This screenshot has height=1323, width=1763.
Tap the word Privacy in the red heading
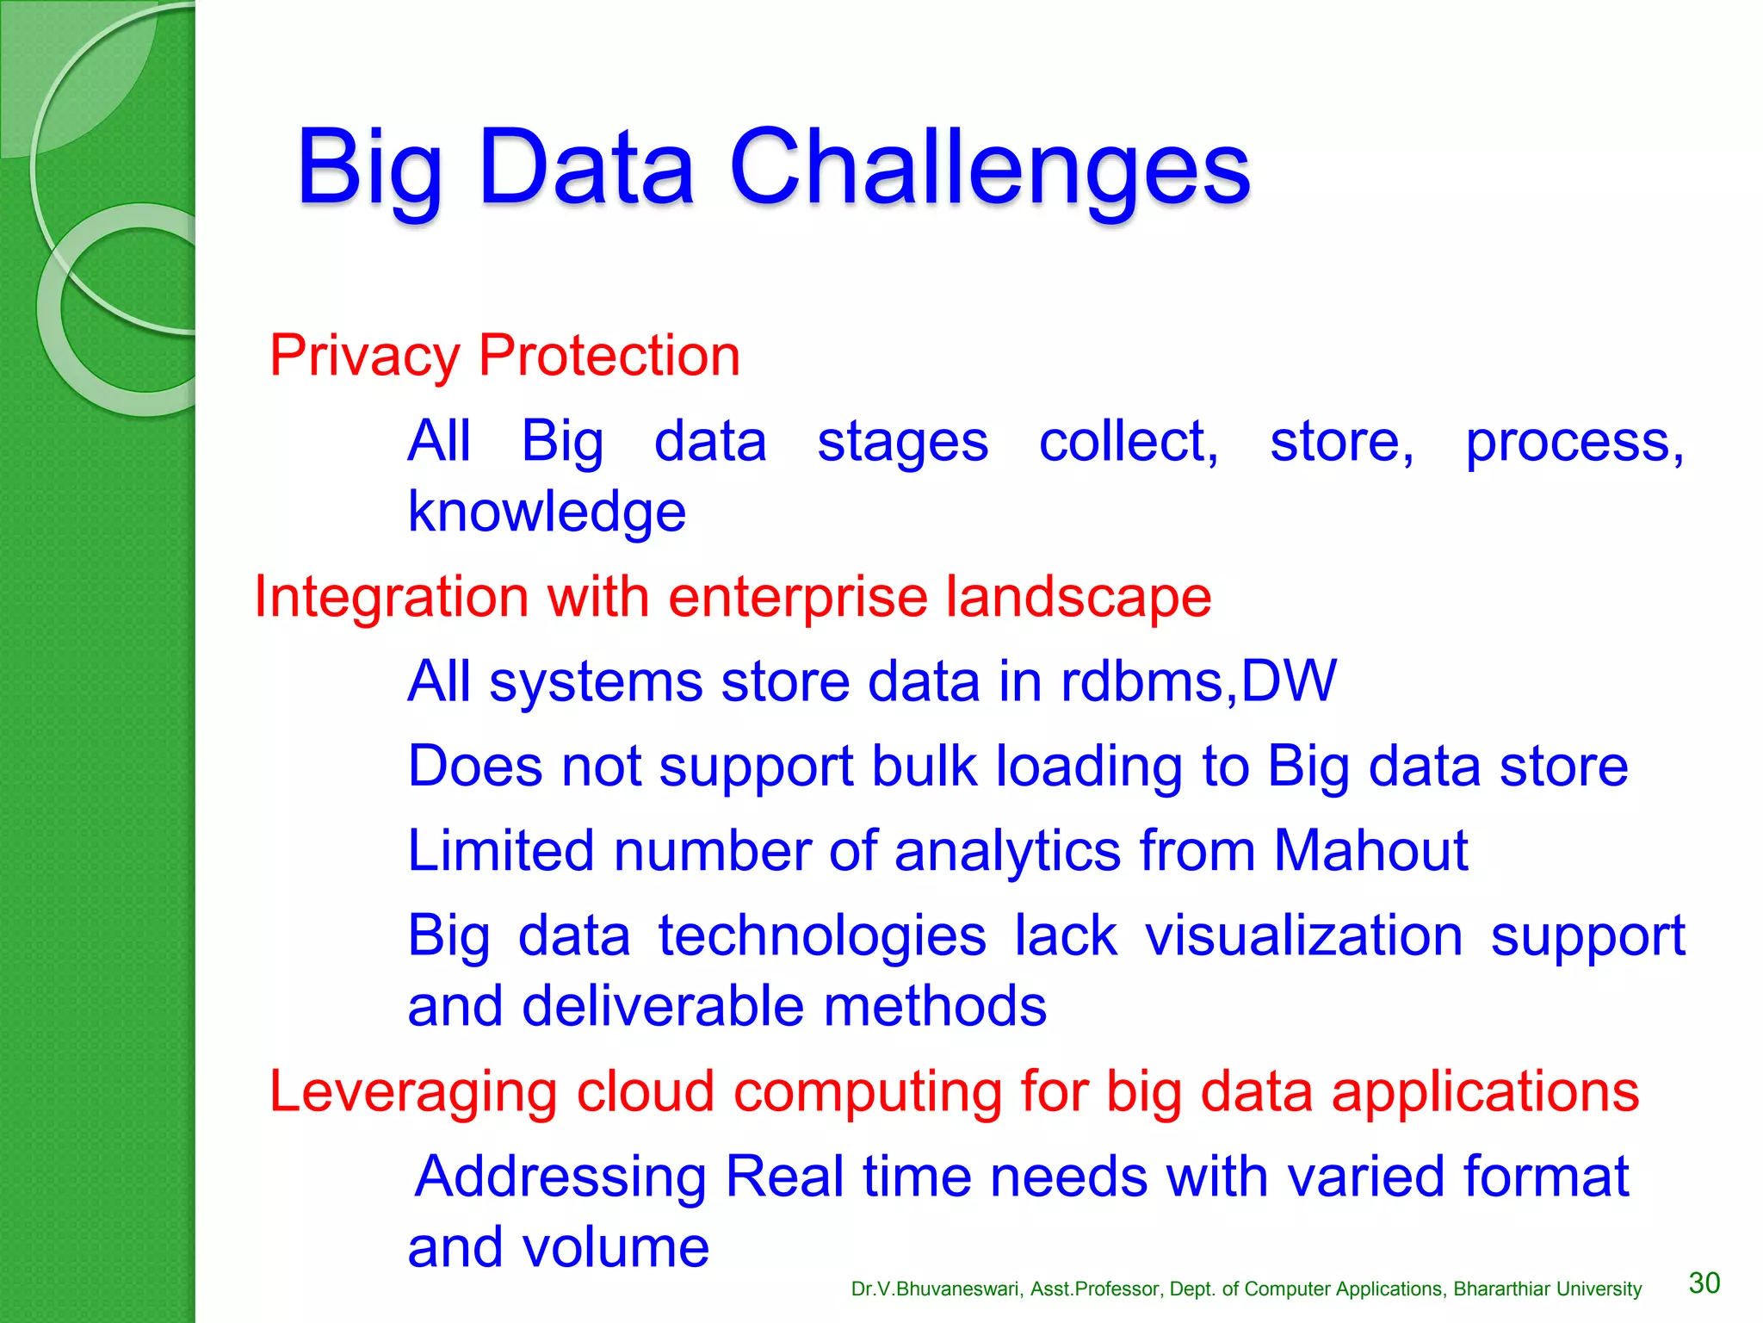click(x=364, y=357)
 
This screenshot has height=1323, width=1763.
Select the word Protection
click(x=609, y=355)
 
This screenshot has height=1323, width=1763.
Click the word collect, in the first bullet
click(x=1129, y=442)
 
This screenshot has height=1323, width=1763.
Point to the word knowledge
click(x=547, y=512)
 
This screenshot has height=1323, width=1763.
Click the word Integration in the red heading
click(x=391, y=597)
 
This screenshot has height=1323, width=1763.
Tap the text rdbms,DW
click(x=1198, y=681)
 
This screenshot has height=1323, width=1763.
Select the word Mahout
click(x=1370, y=851)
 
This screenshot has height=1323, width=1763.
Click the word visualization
click(x=1303, y=936)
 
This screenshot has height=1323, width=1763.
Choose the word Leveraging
click(x=413, y=1092)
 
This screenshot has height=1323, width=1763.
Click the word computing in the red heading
click(x=868, y=1092)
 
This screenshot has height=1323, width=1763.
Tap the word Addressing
click(x=560, y=1177)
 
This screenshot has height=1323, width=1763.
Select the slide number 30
click(x=1704, y=1283)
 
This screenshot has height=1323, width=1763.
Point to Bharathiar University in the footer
click(x=1547, y=1289)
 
